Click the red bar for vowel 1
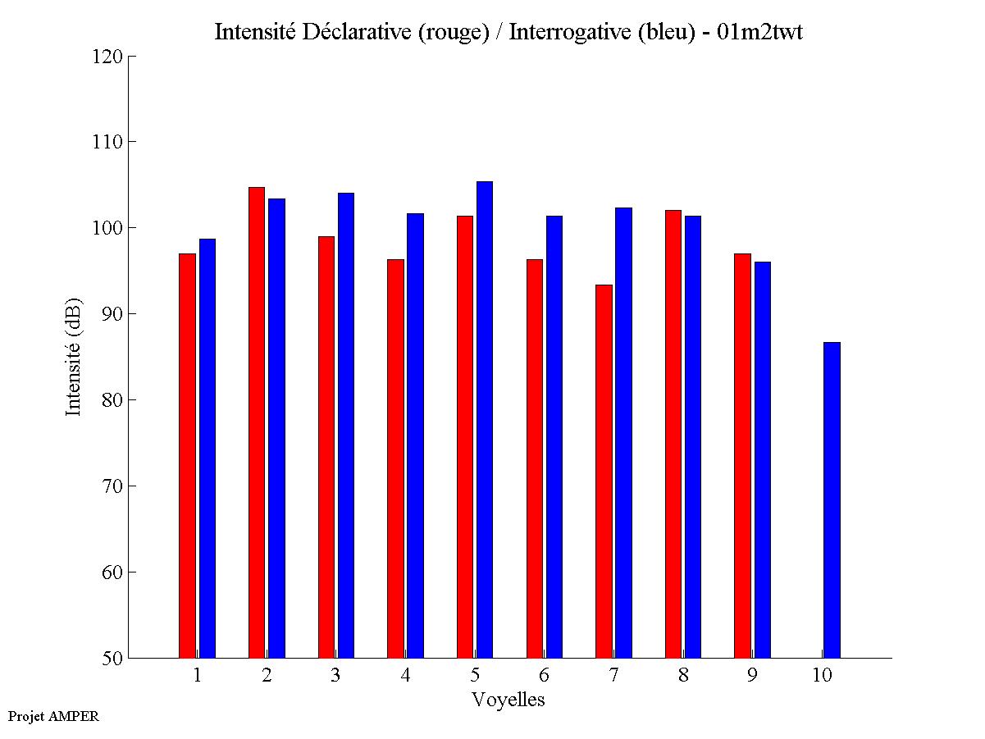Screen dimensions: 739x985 (x=187, y=455)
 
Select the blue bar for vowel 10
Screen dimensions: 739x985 (x=832, y=500)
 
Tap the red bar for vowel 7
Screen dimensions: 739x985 (x=604, y=471)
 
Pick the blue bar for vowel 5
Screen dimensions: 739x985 (x=485, y=419)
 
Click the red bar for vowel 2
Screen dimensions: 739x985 (x=257, y=422)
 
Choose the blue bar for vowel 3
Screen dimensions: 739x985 (x=346, y=425)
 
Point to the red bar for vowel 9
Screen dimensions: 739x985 (x=742, y=455)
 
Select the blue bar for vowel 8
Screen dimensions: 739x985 (x=693, y=436)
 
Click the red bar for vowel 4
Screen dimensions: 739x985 (x=395, y=458)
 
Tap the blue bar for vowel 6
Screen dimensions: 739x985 (x=554, y=436)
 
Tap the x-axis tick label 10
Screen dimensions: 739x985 (x=822, y=675)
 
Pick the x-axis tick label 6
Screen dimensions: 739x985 (x=544, y=675)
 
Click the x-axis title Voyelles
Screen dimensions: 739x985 (x=508, y=700)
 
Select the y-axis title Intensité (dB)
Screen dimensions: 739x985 (x=74, y=356)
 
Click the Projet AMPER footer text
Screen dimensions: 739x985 (x=53, y=716)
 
